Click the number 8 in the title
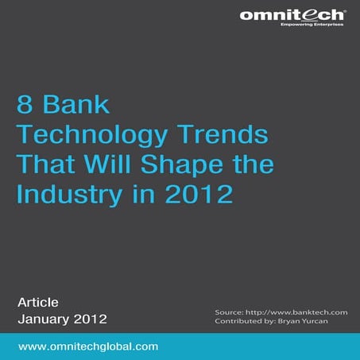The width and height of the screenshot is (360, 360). [x=25, y=105]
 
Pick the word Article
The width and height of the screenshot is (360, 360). [x=37, y=302]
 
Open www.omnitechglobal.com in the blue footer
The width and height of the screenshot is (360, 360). [x=88, y=347]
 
